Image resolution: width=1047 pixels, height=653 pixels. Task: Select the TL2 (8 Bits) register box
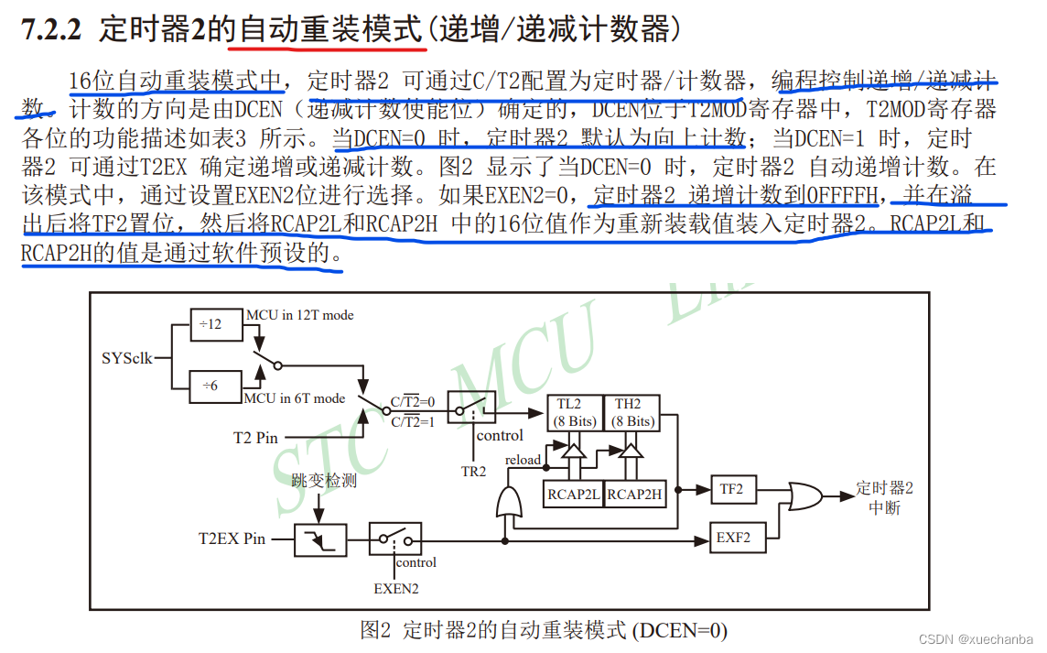[x=575, y=412]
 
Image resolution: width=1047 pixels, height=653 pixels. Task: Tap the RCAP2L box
[x=574, y=494]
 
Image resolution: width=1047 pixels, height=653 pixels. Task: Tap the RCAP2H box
[x=634, y=494]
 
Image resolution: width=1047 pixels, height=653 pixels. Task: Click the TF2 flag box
[x=731, y=490]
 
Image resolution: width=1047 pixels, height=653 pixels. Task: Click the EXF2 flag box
[x=733, y=538]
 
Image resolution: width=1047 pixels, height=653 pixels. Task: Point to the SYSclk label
[x=127, y=357]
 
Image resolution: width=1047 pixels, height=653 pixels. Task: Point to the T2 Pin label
[x=255, y=438]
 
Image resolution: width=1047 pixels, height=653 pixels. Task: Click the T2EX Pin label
[x=232, y=539]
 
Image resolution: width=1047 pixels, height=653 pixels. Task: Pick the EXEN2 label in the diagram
[x=396, y=589]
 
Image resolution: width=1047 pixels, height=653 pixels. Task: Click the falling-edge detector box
[x=320, y=539]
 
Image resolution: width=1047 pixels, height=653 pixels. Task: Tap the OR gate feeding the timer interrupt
[x=804, y=497]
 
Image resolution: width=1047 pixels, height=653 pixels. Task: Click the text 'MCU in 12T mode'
[x=298, y=315]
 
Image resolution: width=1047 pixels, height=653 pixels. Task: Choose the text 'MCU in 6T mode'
[x=295, y=397]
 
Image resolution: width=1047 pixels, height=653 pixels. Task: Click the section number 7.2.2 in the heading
[x=51, y=30]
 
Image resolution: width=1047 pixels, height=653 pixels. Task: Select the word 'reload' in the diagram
[x=523, y=459]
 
